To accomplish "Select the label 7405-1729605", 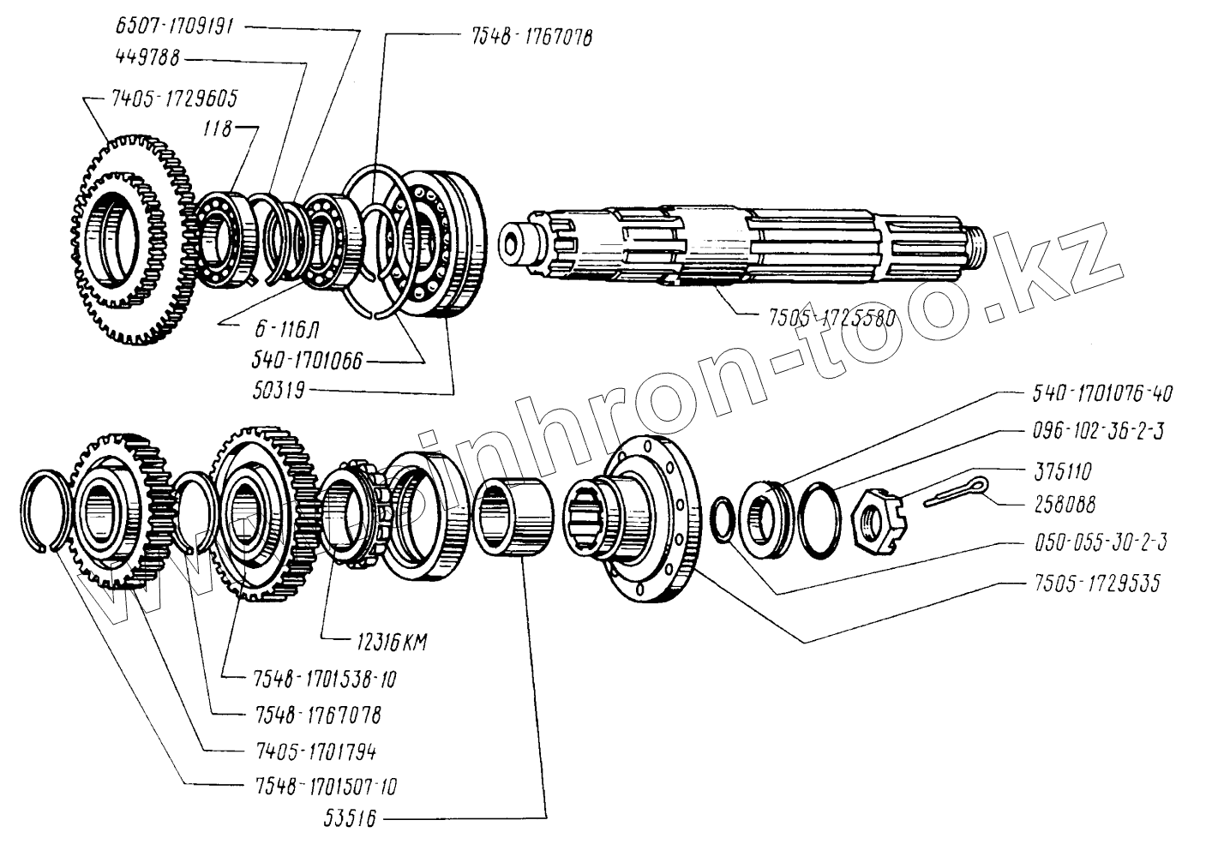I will (x=174, y=99).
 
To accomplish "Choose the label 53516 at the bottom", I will (x=350, y=817).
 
